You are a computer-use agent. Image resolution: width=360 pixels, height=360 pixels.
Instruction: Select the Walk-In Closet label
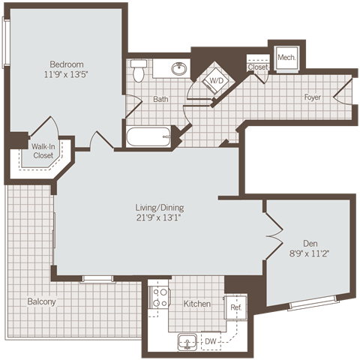(x=43, y=151)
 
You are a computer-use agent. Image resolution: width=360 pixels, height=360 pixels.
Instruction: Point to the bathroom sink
(x=178, y=69)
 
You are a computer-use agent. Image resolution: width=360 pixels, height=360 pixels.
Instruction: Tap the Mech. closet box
(x=285, y=58)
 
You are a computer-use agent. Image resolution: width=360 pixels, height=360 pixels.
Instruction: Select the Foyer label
(x=313, y=97)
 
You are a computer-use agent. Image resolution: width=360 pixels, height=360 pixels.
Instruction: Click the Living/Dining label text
(x=160, y=207)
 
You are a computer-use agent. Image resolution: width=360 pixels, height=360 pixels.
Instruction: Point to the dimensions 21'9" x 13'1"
(x=160, y=217)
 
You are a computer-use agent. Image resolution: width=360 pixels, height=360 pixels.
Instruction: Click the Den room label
(x=310, y=242)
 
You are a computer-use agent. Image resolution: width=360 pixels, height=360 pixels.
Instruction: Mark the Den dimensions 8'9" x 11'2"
(x=310, y=253)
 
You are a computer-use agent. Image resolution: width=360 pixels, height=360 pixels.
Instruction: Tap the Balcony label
(x=41, y=301)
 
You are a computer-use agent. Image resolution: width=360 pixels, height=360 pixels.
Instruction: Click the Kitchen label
(x=196, y=304)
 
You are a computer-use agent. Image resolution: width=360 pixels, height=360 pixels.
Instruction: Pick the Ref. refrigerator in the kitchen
(x=235, y=307)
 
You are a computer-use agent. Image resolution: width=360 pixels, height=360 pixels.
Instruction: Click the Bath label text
(x=160, y=99)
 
